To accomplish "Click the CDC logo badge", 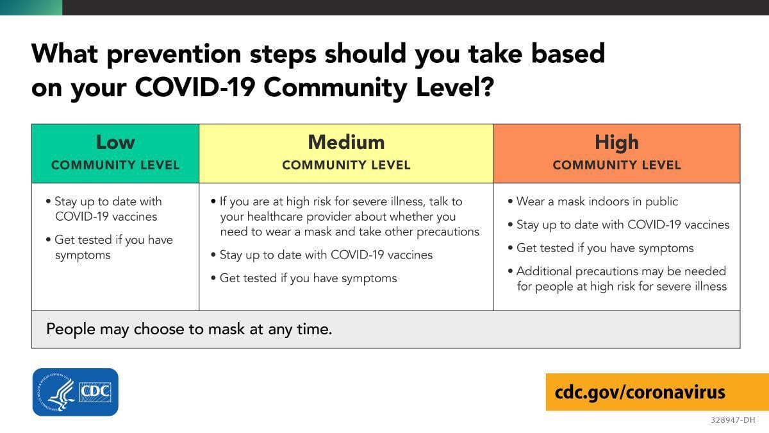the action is (x=76, y=392).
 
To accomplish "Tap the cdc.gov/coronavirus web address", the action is (x=640, y=392).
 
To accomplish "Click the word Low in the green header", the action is (x=115, y=142).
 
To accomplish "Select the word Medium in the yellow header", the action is (x=346, y=142).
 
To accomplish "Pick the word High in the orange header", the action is (x=616, y=142).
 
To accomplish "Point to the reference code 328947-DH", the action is (x=732, y=420).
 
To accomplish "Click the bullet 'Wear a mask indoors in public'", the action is (x=593, y=201).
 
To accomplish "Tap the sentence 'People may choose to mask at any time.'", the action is (x=189, y=329).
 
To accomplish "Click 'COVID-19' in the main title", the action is (x=195, y=87).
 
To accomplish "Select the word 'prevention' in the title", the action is (x=174, y=55).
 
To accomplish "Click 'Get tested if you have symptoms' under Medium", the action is (x=304, y=278).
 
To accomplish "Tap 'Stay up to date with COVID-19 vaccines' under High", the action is (x=618, y=225).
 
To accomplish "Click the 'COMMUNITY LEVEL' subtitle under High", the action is (x=616, y=166).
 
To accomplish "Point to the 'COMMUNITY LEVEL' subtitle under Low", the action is (x=115, y=166).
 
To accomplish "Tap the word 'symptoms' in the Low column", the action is (x=83, y=256).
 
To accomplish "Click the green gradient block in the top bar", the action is (x=31, y=7).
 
